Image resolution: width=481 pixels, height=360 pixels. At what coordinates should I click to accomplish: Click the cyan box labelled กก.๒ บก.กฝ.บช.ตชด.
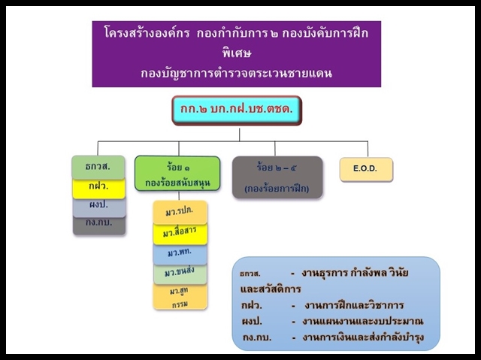237,110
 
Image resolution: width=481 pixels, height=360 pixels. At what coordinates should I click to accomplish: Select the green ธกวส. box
98,167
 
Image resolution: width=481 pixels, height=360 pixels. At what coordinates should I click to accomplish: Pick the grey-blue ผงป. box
99,207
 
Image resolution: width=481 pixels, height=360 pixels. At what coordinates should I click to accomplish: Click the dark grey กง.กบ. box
99,225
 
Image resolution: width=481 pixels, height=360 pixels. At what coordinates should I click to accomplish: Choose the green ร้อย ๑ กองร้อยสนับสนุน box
177,174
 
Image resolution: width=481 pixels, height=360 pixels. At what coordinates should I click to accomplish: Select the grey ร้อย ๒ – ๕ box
277,177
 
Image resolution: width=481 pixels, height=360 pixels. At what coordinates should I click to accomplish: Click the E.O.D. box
366,169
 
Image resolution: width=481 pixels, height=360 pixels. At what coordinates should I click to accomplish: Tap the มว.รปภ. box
180,212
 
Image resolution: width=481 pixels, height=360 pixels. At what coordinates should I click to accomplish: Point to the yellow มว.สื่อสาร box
180,234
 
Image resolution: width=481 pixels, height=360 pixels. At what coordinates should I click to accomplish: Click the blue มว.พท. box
180,254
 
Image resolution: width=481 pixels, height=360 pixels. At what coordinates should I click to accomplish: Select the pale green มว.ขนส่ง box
180,274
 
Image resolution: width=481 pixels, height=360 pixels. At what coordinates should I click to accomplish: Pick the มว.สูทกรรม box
180,297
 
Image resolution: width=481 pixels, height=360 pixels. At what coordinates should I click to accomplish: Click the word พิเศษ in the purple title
237,53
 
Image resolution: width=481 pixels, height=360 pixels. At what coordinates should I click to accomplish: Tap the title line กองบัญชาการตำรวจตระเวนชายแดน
237,73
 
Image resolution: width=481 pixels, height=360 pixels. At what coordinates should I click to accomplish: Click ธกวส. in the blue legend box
250,274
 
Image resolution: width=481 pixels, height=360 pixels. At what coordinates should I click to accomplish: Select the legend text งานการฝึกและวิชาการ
354,305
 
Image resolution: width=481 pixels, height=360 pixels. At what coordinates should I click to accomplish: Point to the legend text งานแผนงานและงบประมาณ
362,322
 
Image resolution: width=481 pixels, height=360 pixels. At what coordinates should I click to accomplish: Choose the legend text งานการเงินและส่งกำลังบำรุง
363,337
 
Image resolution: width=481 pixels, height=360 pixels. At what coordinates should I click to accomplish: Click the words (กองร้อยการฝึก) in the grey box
277,189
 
